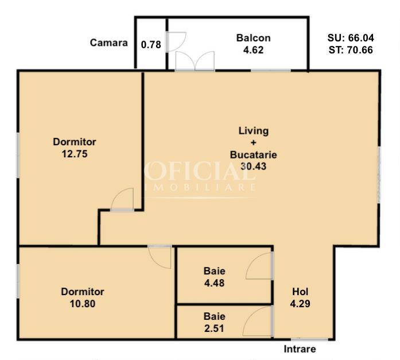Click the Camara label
coord(108,42)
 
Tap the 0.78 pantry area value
coord(151,45)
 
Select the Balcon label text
coord(253,38)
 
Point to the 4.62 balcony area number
coord(253,50)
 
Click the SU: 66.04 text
coord(351,38)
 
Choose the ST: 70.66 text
coord(351,50)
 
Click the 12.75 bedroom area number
coord(75,154)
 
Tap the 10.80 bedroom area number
coord(83,304)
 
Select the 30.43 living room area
coord(253,167)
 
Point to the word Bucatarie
coord(253,155)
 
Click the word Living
coord(253,131)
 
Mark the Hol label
coord(300,292)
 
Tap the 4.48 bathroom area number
coord(214,283)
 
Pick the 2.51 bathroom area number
coord(214,328)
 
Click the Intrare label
coord(300,349)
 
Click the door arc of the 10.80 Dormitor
coord(156,262)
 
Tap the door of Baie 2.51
coord(251,313)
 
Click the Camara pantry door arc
coord(182,44)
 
